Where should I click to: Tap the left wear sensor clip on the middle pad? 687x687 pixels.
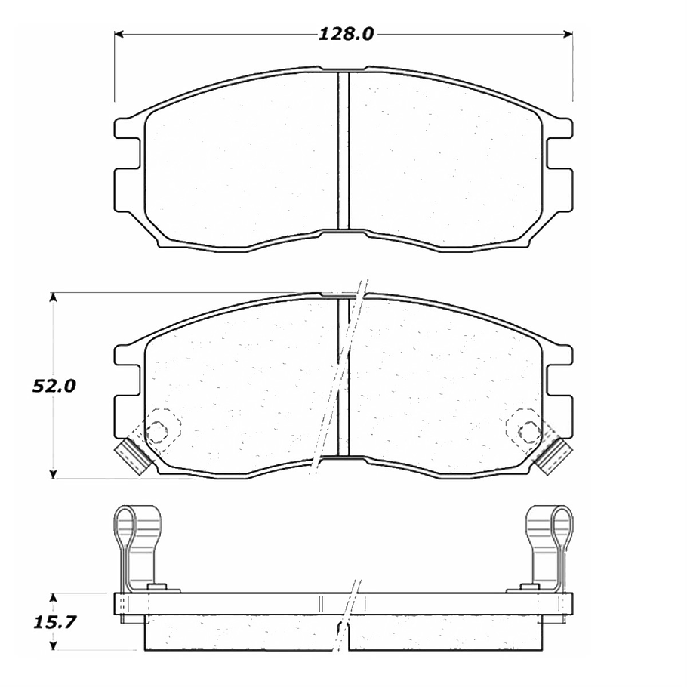click(x=129, y=457)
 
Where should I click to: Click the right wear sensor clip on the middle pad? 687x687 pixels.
click(x=557, y=456)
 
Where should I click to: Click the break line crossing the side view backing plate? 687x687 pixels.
click(x=351, y=604)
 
